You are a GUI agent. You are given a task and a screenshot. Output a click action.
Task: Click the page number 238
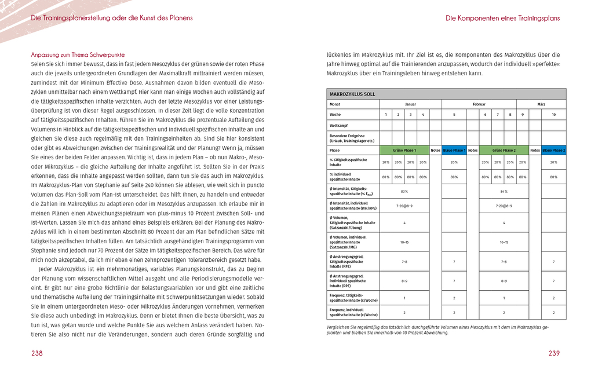(x=37, y=353)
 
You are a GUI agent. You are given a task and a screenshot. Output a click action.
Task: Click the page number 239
(x=554, y=353)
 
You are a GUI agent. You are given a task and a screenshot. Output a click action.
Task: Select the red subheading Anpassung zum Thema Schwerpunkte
(x=78, y=55)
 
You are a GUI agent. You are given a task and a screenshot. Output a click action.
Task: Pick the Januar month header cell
(x=410, y=104)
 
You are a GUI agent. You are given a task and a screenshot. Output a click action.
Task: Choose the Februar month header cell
(x=479, y=104)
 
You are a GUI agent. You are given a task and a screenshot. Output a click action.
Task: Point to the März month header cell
(x=541, y=104)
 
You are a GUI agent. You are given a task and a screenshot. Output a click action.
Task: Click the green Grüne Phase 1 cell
(x=404, y=150)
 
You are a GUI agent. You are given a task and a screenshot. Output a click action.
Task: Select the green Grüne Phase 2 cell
(x=504, y=150)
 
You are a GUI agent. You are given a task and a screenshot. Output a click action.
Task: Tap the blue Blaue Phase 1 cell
(x=454, y=150)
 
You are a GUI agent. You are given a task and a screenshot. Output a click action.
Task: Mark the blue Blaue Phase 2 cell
(x=553, y=150)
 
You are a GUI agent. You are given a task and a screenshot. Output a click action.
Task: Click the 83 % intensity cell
(x=404, y=191)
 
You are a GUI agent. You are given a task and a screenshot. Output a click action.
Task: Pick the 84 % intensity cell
(x=504, y=191)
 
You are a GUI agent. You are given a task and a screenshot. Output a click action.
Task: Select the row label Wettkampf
(x=340, y=125)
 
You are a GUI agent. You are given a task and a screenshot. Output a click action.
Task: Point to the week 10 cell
(x=553, y=115)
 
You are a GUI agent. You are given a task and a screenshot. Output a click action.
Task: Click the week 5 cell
(x=454, y=115)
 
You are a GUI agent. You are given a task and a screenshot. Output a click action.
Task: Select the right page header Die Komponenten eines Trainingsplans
(x=502, y=18)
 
